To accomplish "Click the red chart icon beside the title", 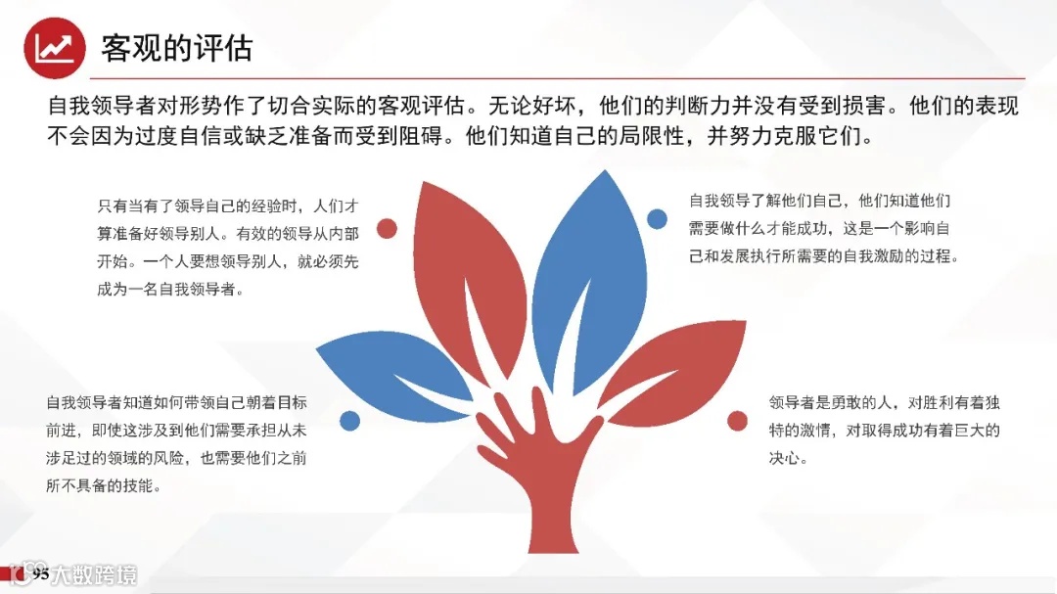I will (x=55, y=48).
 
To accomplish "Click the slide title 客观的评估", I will (x=177, y=48).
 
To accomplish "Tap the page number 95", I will (x=40, y=574).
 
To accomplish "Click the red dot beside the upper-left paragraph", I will (x=387, y=229).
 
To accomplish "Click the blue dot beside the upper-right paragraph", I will (x=657, y=218).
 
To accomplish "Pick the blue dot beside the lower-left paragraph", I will (x=349, y=421).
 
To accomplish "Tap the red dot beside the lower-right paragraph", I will (x=737, y=422).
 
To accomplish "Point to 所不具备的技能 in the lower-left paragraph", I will (x=103, y=485).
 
